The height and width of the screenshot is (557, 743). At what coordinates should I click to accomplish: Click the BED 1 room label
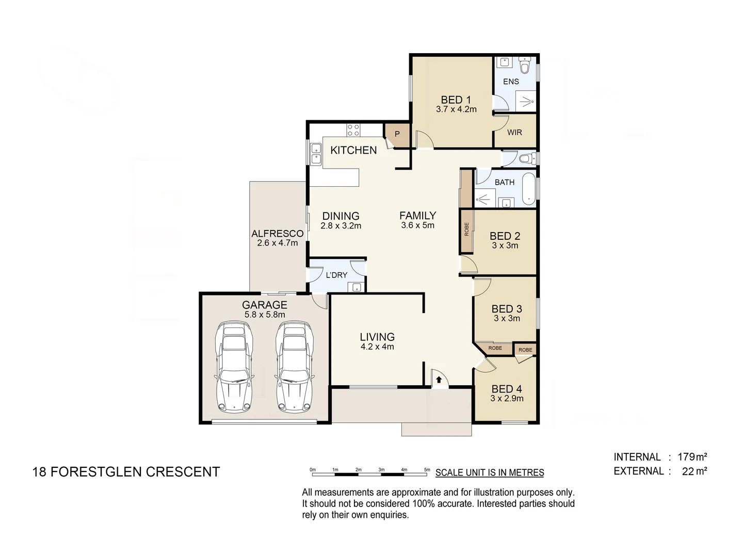[x=456, y=100]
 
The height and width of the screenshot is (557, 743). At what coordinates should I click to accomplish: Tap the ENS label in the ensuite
[x=511, y=81]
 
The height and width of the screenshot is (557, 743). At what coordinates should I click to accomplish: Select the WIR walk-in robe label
[x=514, y=133]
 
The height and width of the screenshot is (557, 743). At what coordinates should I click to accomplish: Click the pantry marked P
[x=397, y=134]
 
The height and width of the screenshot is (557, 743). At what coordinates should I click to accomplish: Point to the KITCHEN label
[x=353, y=150]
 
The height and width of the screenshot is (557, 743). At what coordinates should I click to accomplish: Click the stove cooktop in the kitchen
[x=353, y=129]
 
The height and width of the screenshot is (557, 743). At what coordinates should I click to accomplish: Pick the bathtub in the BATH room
[x=529, y=189]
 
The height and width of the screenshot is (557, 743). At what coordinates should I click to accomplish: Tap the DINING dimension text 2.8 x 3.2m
[x=341, y=226]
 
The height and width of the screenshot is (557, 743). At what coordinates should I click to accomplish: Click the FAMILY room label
[x=417, y=216]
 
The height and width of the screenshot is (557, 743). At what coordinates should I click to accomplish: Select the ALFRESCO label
[x=278, y=234]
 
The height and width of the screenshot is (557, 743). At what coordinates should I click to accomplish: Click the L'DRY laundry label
[x=336, y=275]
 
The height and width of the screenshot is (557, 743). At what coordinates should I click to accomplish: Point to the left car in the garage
[x=235, y=367]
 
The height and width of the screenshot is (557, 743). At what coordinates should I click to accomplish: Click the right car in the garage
[x=295, y=367]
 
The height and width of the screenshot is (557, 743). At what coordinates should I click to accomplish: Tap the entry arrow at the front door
[x=439, y=380]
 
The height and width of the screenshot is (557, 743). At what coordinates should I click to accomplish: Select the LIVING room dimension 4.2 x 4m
[x=377, y=347]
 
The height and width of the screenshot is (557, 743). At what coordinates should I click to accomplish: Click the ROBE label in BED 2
[x=466, y=229]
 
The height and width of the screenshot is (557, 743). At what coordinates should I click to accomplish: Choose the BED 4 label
[x=507, y=389]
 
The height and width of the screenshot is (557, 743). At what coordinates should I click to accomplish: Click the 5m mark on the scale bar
[x=427, y=470]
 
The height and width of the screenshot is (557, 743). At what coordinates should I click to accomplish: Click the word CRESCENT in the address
[x=183, y=472]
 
